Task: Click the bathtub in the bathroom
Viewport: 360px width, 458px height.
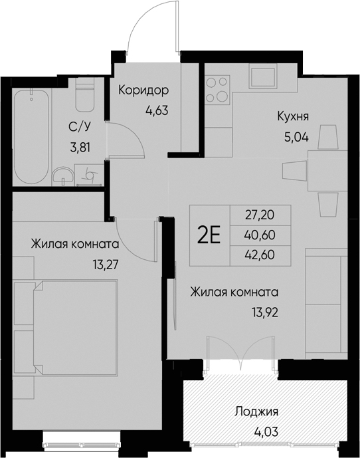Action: tap(33, 136)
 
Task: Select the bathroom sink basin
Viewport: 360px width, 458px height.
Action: tap(65, 175)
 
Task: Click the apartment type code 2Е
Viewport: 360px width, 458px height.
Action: tap(210, 235)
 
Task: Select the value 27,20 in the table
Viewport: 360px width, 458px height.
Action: tap(260, 215)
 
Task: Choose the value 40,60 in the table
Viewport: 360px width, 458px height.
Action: tap(260, 234)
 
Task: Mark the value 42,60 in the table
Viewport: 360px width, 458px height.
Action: tap(260, 254)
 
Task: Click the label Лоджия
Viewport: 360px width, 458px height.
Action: tap(256, 411)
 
